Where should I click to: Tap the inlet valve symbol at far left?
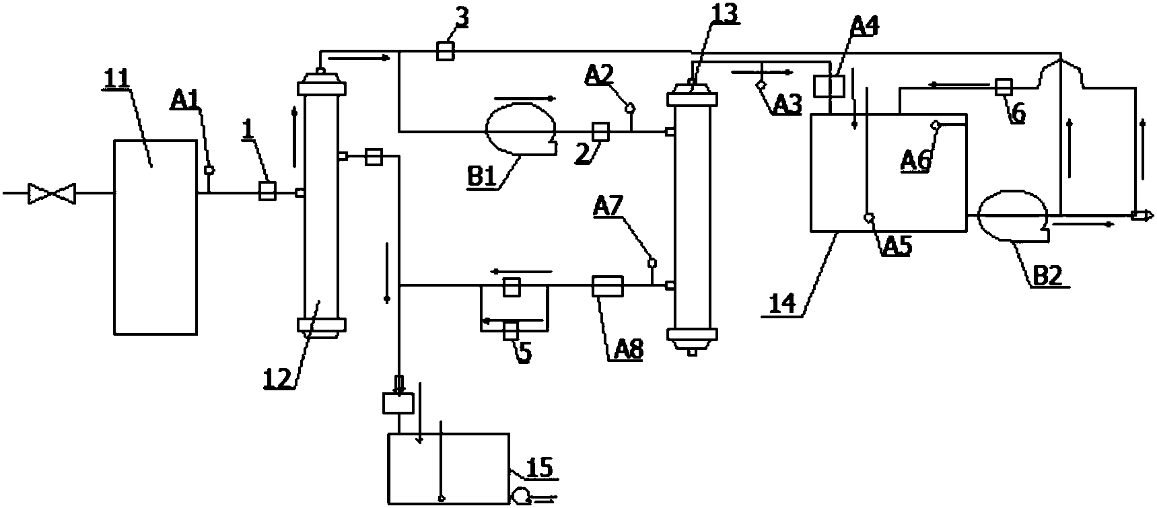pyautogui.click(x=51, y=194)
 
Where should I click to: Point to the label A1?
pyautogui.click(x=184, y=102)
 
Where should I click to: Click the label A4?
pyautogui.click(x=866, y=27)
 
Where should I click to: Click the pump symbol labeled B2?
pyautogui.click(x=1012, y=216)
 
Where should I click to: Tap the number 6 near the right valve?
pyautogui.click(x=1018, y=114)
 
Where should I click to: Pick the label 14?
pyautogui.click(x=781, y=303)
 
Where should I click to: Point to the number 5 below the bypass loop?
pyautogui.click(x=525, y=353)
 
